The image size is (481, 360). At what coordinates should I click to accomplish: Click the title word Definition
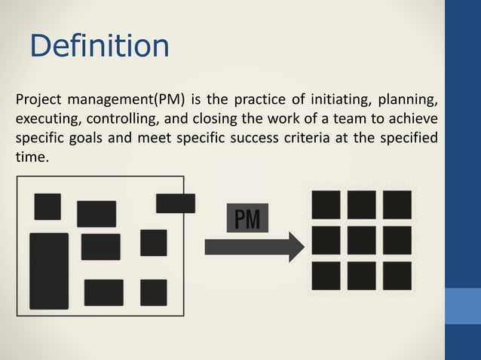coord(99,46)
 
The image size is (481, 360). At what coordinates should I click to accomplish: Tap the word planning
coord(410,100)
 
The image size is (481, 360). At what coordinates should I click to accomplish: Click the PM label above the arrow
coord(247,220)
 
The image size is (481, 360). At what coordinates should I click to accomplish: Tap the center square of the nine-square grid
coord(361,239)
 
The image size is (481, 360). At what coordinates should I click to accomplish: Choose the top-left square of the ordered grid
coord(326,205)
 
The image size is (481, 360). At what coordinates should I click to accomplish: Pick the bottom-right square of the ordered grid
coord(397,275)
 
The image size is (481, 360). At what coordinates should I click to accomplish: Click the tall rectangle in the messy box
coord(49,270)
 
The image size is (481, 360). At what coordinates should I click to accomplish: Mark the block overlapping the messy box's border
coord(175,203)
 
